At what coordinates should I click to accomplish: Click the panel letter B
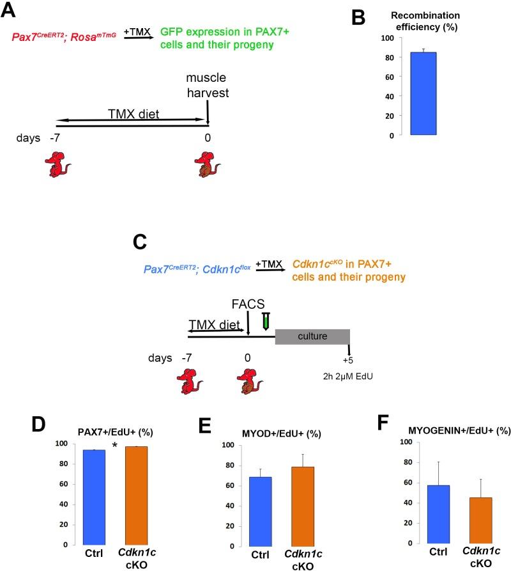(358, 17)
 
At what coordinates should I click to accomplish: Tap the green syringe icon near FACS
(267, 319)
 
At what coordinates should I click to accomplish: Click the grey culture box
(312, 336)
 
